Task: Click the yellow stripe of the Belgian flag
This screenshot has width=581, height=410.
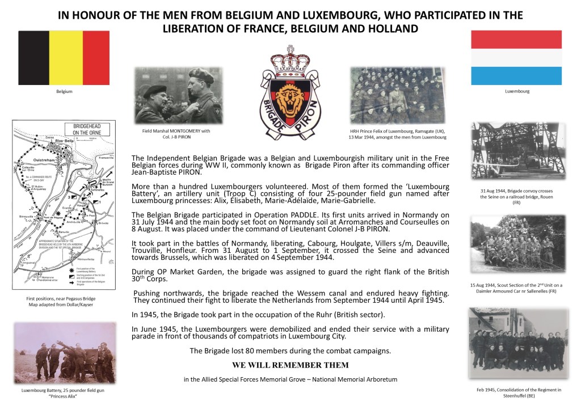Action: click(x=66, y=57)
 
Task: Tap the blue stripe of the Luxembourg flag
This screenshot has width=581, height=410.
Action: click(x=516, y=75)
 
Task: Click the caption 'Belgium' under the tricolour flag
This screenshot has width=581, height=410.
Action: click(x=65, y=91)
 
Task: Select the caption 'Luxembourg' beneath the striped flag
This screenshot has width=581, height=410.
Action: click(x=516, y=91)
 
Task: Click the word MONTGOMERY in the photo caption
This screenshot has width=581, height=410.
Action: click(x=174, y=131)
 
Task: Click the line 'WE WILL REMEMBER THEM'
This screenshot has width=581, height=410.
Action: click(x=290, y=365)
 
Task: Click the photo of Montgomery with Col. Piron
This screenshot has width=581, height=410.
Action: click(x=178, y=95)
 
